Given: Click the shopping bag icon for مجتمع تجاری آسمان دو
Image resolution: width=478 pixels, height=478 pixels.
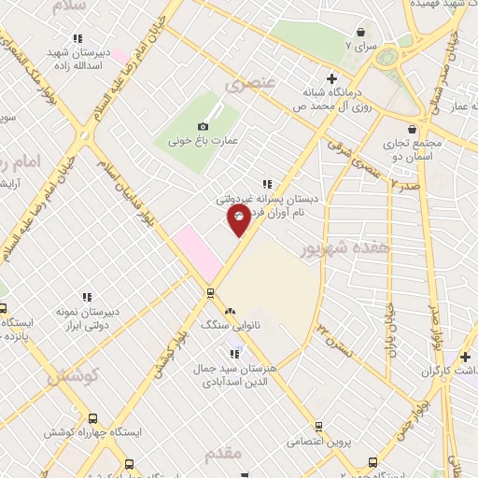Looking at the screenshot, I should click(412, 131).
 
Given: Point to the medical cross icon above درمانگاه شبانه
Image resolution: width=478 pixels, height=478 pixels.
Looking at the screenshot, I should click(331, 77).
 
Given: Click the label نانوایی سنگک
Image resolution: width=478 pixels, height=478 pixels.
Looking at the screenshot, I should click(228, 325).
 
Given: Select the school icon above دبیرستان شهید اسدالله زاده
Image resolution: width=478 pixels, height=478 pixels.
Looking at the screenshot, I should click(78, 38).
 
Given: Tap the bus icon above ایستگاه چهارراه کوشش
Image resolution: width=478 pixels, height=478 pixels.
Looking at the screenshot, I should click(92, 419).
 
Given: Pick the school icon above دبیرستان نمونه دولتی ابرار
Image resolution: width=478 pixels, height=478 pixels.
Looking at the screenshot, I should click(87, 297).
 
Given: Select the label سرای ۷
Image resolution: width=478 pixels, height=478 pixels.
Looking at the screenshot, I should click(360, 45).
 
